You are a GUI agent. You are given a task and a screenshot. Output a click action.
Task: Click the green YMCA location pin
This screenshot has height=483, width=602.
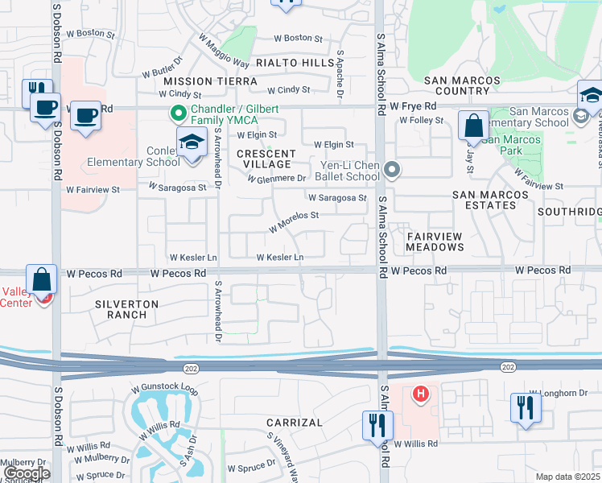pyautogui.click(x=174, y=115)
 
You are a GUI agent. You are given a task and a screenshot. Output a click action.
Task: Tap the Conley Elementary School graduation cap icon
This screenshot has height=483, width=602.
pyautogui.click(x=192, y=142)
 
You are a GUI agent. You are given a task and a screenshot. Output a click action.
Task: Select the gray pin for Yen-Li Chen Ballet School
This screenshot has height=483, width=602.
pyautogui.click(x=392, y=170)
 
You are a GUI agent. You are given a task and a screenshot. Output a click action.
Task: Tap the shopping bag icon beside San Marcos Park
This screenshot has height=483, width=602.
pyautogui.click(x=473, y=126)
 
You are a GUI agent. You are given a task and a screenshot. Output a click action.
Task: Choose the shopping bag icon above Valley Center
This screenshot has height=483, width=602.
pyautogui.click(x=42, y=279)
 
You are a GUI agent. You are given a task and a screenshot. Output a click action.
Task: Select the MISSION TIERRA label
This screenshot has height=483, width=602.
pyautogui.click(x=210, y=81)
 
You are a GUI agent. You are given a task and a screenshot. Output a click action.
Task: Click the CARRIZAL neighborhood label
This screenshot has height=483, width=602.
pyautogui.click(x=295, y=423)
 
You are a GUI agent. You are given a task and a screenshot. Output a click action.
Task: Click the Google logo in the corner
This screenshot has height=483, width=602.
pyautogui.click(x=27, y=473)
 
